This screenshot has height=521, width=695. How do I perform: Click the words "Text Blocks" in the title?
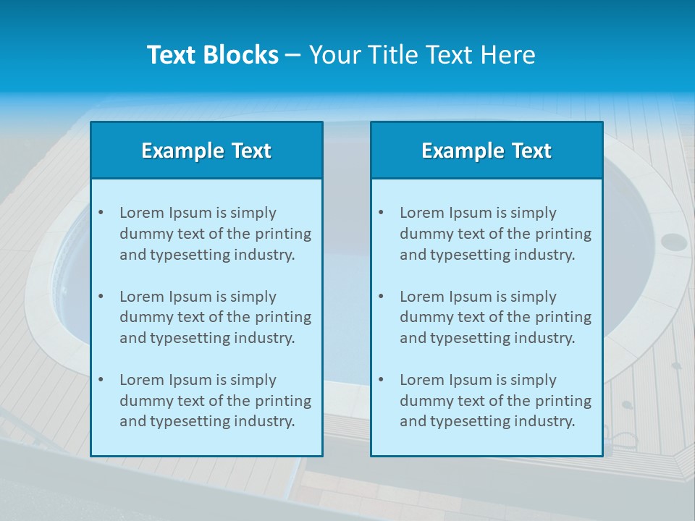(212, 55)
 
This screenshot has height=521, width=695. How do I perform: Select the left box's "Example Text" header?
(206, 151)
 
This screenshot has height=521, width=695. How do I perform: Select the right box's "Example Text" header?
(486, 151)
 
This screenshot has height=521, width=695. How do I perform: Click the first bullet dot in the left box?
(101, 213)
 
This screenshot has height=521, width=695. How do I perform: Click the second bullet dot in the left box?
(101, 297)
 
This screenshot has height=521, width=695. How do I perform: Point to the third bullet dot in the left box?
(101, 380)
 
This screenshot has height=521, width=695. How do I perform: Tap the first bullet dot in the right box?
(381, 213)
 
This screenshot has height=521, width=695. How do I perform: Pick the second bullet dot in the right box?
(381, 297)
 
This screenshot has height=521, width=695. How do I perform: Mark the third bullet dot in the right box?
(381, 380)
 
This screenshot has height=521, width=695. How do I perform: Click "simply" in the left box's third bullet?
(255, 380)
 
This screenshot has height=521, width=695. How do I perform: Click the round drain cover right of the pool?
(673, 242)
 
